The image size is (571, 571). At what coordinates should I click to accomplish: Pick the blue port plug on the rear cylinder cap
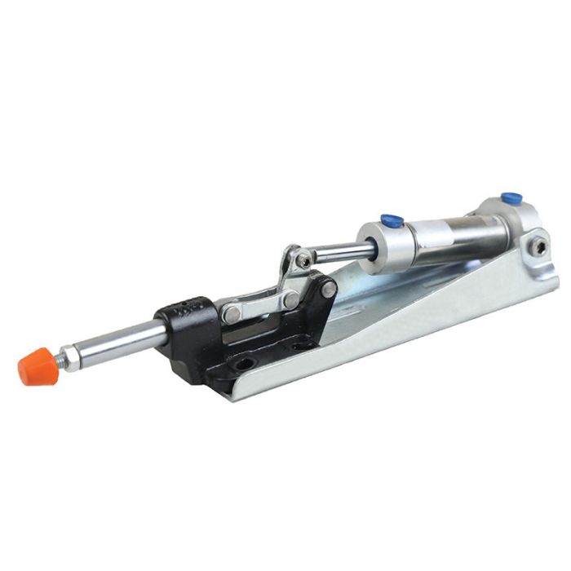(511, 199)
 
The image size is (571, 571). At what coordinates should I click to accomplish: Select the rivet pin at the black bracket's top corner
(328, 288)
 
